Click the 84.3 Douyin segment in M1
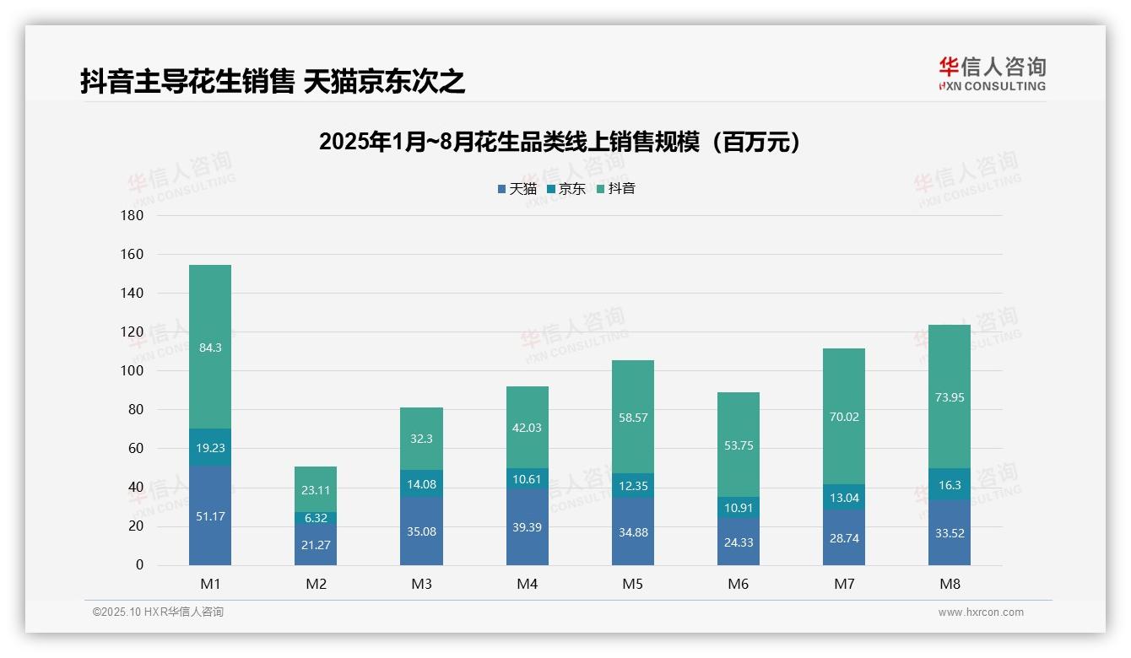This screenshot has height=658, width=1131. click(x=210, y=347)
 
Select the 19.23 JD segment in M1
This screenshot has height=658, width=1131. click(x=210, y=448)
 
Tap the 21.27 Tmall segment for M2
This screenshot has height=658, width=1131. click(x=316, y=545)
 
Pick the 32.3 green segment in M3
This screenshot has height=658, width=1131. click(x=421, y=439)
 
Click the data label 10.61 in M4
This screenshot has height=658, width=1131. click(x=527, y=479)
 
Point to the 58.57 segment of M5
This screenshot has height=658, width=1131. click(x=632, y=417)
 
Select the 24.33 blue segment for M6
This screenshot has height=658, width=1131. click(x=738, y=542)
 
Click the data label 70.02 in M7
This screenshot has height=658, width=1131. click(x=843, y=417)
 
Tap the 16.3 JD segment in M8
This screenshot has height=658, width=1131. click(x=949, y=485)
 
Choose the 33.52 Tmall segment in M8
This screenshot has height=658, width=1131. click(x=949, y=532)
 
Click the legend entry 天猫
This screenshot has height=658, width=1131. click(x=517, y=189)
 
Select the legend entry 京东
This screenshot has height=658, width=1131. click(x=566, y=189)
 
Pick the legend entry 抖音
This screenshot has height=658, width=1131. click(x=616, y=189)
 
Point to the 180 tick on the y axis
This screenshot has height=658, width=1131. click(x=133, y=215)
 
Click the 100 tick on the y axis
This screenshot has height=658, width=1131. click(x=133, y=371)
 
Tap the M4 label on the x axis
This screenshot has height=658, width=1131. click(x=527, y=584)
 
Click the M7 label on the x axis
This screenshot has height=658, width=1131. click(x=843, y=584)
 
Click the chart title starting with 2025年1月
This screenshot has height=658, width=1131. click(x=559, y=143)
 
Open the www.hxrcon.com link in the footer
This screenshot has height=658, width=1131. click(x=981, y=612)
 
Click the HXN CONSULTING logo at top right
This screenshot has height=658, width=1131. click(x=992, y=74)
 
